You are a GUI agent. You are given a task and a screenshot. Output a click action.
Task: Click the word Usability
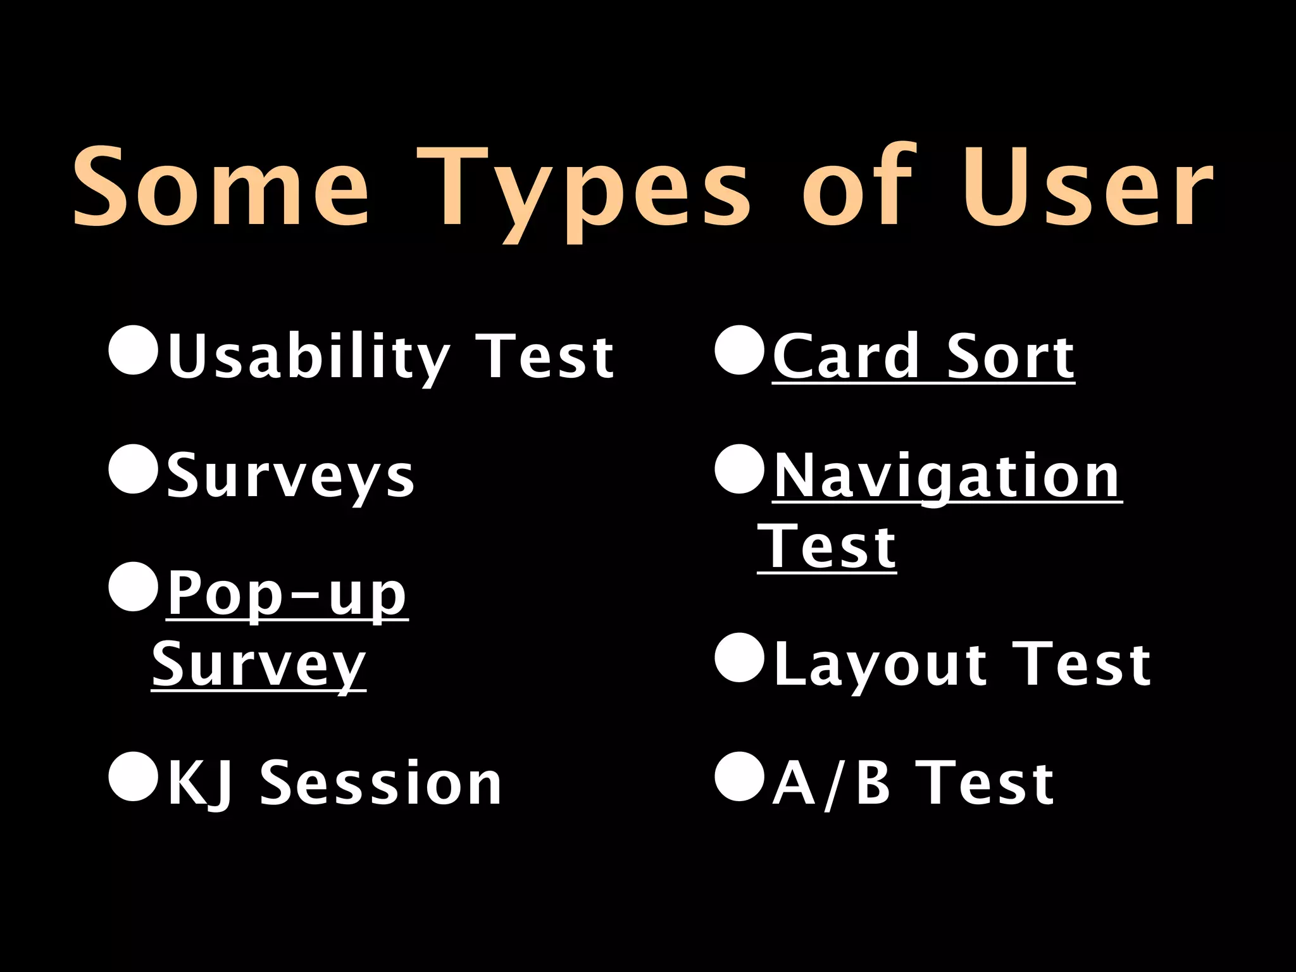[308, 357]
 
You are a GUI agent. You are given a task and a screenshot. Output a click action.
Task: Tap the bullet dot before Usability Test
[133, 351]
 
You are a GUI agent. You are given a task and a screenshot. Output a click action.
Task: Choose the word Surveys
[290, 476]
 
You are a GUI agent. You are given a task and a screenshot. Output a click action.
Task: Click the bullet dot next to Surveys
[133, 469]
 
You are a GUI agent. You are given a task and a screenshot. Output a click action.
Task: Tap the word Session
[381, 783]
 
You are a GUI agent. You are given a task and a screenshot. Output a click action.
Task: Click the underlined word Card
[846, 357]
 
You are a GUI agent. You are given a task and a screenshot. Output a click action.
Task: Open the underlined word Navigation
[947, 476]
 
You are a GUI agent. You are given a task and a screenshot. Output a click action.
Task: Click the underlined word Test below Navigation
[826, 547]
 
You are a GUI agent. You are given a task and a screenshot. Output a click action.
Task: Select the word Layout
[880, 664]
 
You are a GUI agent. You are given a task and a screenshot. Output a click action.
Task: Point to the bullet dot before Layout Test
[739, 658]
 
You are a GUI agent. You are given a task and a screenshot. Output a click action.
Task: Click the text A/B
[830, 783]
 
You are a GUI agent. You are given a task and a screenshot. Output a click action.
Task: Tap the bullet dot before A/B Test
[739, 776]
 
